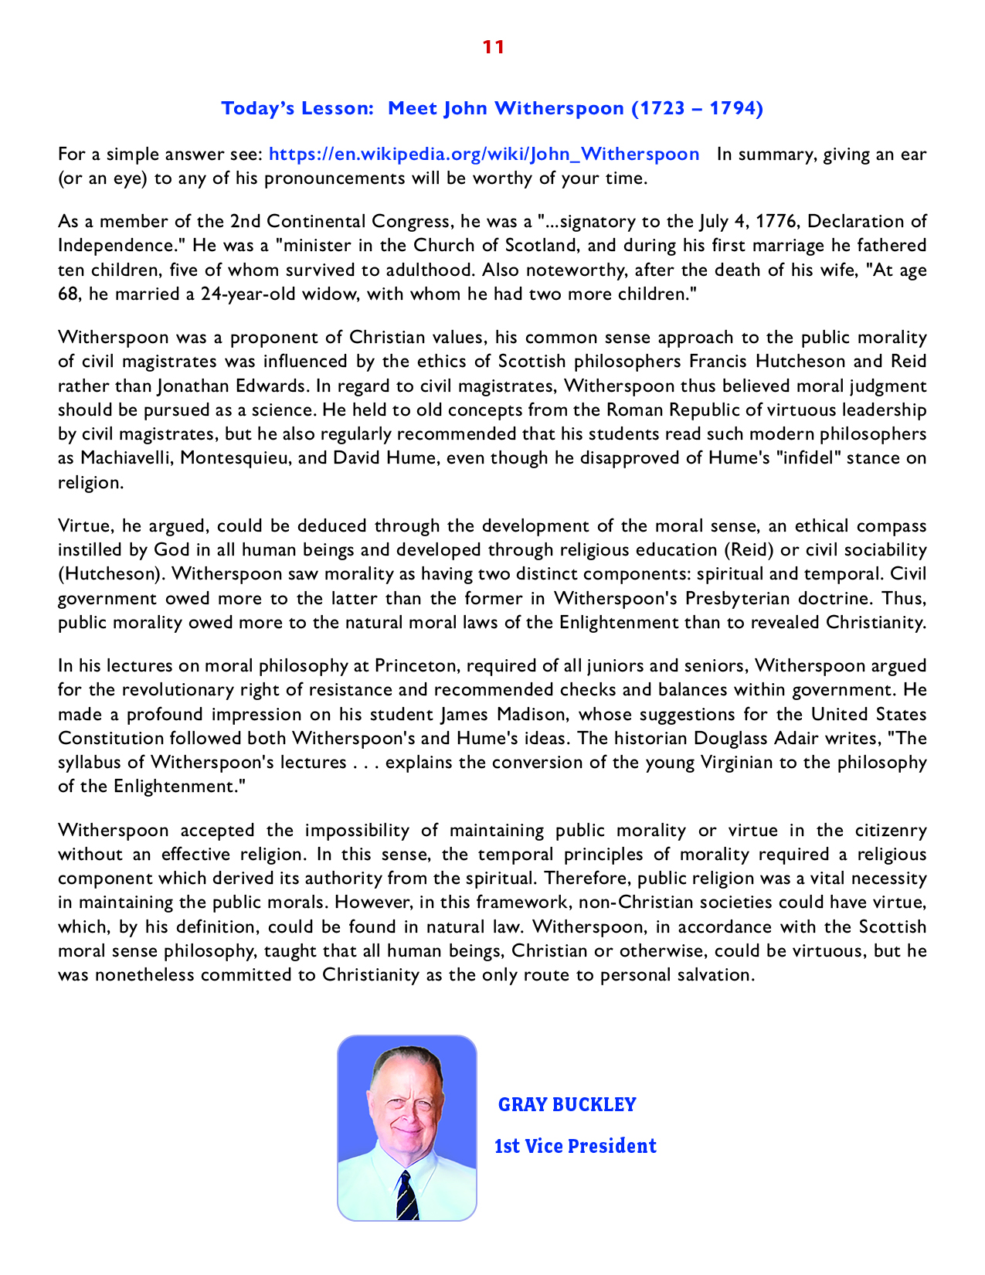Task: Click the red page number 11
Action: click(x=493, y=47)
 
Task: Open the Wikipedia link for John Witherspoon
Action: click(x=484, y=154)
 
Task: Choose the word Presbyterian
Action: click(x=740, y=598)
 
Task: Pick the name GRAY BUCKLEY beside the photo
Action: click(x=567, y=1104)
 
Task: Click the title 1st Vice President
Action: click(x=576, y=1146)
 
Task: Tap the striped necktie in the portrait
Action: click(x=406, y=1196)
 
